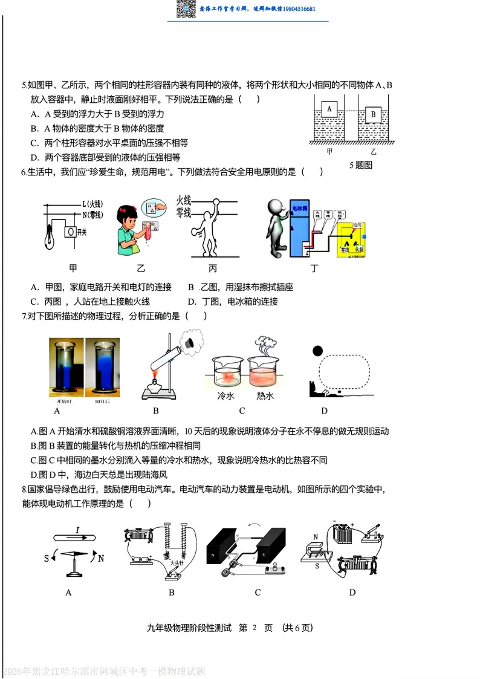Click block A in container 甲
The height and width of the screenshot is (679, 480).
(x=329, y=109)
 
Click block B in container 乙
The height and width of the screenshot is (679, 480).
(x=374, y=114)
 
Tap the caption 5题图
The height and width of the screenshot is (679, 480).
(x=360, y=164)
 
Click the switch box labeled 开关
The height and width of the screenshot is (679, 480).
(x=71, y=232)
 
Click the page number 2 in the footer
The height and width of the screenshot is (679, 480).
(x=254, y=628)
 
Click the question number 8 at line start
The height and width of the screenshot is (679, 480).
(x=24, y=489)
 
